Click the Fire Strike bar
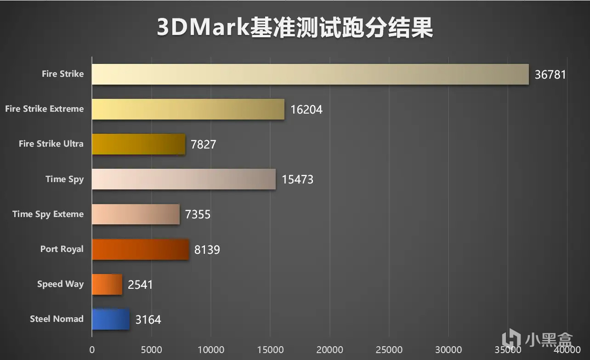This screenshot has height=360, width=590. [x=310, y=74]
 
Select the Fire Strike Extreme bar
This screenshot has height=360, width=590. [x=188, y=109]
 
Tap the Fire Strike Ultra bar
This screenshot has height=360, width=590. [x=138, y=144]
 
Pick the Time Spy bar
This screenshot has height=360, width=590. [x=183, y=179]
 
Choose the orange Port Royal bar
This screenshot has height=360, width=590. [x=140, y=249]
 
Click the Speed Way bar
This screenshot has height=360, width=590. [x=107, y=284]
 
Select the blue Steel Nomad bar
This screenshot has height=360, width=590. [x=111, y=319]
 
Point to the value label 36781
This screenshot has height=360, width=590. [x=550, y=74]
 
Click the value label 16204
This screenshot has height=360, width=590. [x=306, y=109]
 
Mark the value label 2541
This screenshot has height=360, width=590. [x=140, y=285]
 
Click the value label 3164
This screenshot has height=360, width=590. [x=148, y=320]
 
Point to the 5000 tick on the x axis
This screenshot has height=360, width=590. [x=151, y=349]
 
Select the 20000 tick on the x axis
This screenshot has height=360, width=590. [x=329, y=349]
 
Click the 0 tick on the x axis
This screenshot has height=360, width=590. [x=92, y=349]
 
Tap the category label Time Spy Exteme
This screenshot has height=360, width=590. [x=48, y=214]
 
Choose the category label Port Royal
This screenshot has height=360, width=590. [x=62, y=249]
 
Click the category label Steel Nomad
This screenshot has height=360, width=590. [x=57, y=319]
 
